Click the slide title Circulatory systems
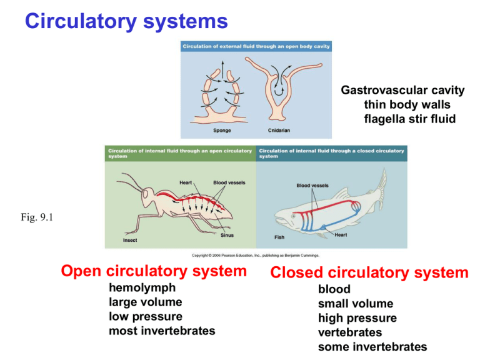coord(126,22)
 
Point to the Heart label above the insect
coord(186,182)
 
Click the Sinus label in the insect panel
coord(227,236)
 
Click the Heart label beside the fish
coord(341,235)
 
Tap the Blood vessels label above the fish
coord(312,185)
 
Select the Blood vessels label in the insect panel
coord(229,182)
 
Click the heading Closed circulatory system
coord(369,272)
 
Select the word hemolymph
coord(142,288)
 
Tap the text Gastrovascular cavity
coord(402,91)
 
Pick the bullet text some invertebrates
coord(372,347)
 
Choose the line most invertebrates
coord(162,331)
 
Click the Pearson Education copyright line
coord(256,255)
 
